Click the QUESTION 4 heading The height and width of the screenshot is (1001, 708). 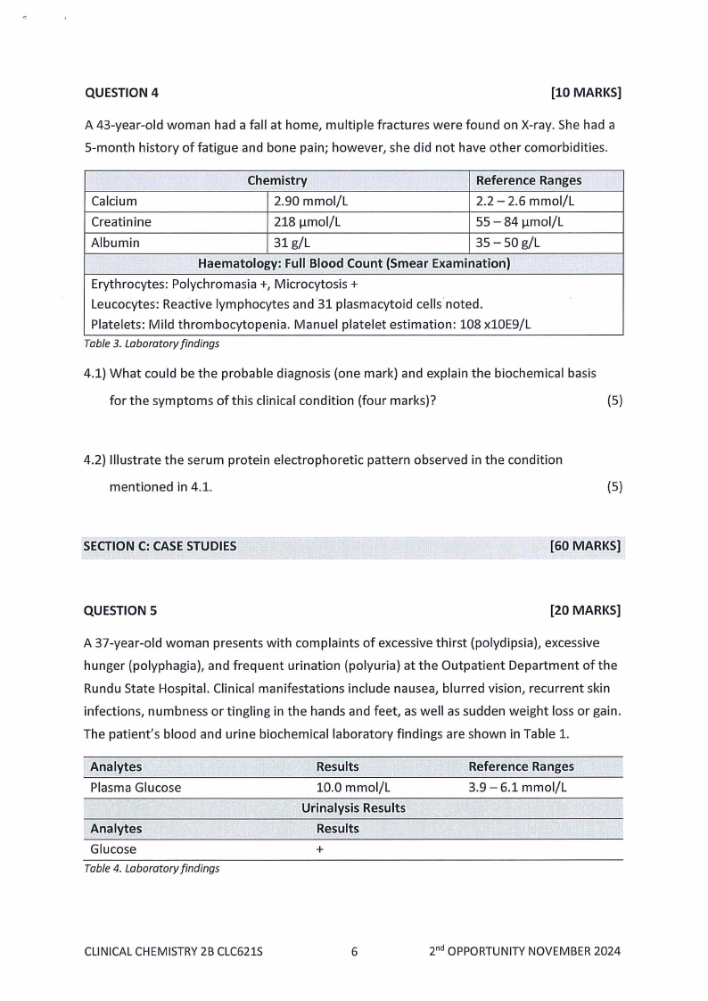[115, 93]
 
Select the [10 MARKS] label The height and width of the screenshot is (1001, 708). [586, 93]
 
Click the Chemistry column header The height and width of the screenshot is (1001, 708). [276, 181]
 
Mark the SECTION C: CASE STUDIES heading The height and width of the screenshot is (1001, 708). [160, 546]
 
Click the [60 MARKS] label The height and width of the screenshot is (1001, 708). [586, 546]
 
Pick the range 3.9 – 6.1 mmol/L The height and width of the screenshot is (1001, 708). [518, 788]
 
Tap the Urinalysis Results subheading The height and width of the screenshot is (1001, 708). [353, 808]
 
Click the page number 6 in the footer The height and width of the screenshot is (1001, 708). [354, 951]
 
